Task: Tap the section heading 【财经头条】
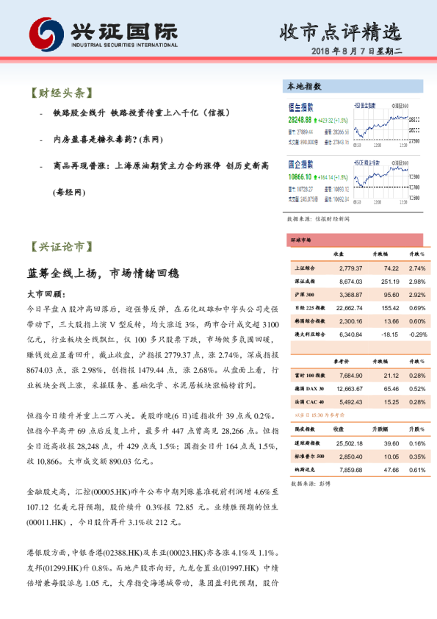coord(62,94)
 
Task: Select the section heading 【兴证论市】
coord(62,247)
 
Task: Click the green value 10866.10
coord(300,177)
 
